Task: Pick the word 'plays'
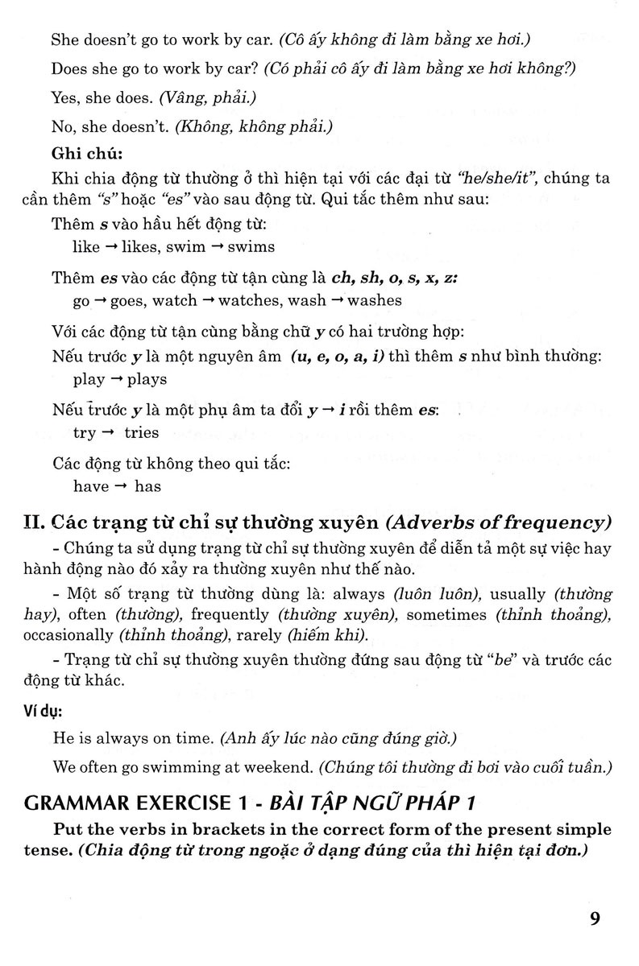[x=145, y=379]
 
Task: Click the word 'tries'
[x=142, y=432]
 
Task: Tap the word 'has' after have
[x=147, y=485]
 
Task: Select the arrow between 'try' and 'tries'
[x=107, y=432]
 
